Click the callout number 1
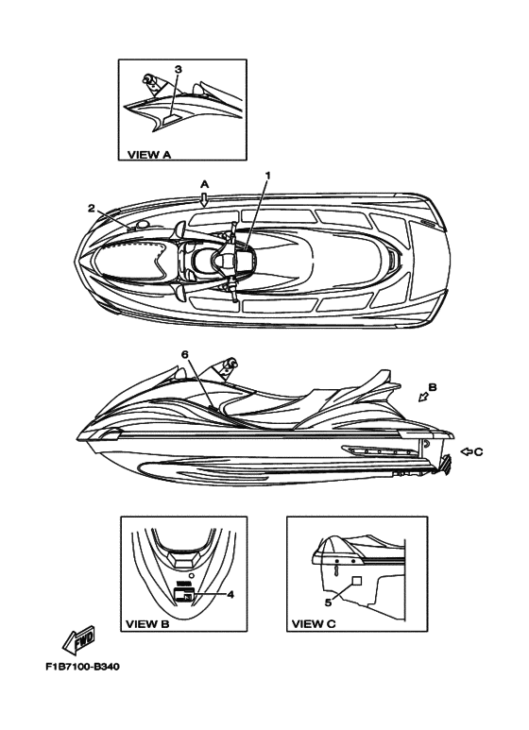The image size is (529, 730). pyautogui.click(x=267, y=175)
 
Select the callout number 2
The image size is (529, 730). pyautogui.click(x=92, y=208)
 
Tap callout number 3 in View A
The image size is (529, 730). pyautogui.click(x=179, y=69)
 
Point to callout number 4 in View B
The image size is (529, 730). pyautogui.click(x=230, y=595)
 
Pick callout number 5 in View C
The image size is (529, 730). pyautogui.click(x=328, y=603)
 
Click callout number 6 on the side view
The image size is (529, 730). pyautogui.click(x=185, y=354)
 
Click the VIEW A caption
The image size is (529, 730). pyautogui.click(x=149, y=155)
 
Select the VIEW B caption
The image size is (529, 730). pyautogui.click(x=147, y=624)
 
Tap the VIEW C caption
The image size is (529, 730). pyautogui.click(x=314, y=624)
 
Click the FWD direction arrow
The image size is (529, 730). pyautogui.click(x=78, y=639)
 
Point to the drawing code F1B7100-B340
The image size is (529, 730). pyautogui.click(x=82, y=667)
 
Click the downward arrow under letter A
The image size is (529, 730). pyautogui.click(x=204, y=199)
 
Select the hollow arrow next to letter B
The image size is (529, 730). pyautogui.click(x=423, y=397)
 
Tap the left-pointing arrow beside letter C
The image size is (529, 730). pyautogui.click(x=466, y=451)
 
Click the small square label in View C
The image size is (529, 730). pyautogui.click(x=357, y=580)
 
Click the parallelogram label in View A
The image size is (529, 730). pyautogui.click(x=170, y=120)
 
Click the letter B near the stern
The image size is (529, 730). pyautogui.click(x=432, y=387)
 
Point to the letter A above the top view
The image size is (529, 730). pyautogui.click(x=204, y=184)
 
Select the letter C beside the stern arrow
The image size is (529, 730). pyautogui.click(x=479, y=451)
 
